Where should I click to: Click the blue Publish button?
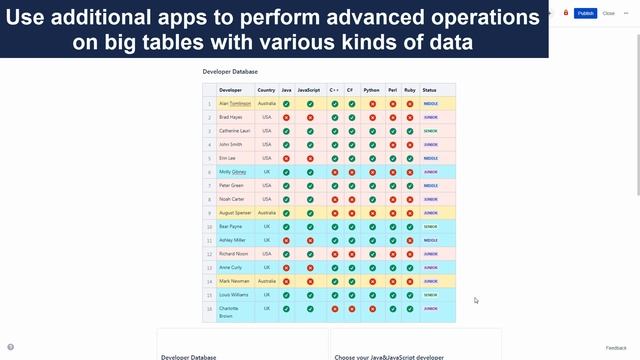click(x=585, y=14)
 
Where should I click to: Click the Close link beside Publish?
click(x=609, y=14)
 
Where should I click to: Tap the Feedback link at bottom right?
click(x=616, y=348)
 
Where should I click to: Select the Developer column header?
click(x=230, y=90)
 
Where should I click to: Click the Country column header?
click(x=266, y=90)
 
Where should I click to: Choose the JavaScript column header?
click(x=309, y=90)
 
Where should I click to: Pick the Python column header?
click(x=372, y=90)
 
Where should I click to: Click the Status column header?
click(x=429, y=90)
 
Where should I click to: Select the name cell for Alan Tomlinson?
click(x=235, y=103)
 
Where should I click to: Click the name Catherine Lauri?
click(x=235, y=131)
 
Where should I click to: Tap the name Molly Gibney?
click(x=233, y=172)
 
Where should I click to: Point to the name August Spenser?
click(x=235, y=213)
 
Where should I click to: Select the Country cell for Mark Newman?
click(x=266, y=282)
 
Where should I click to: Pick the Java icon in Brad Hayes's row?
click(x=287, y=117)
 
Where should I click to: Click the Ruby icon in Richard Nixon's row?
click(x=409, y=254)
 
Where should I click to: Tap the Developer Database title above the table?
click(x=230, y=72)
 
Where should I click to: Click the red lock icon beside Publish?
click(x=565, y=13)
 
